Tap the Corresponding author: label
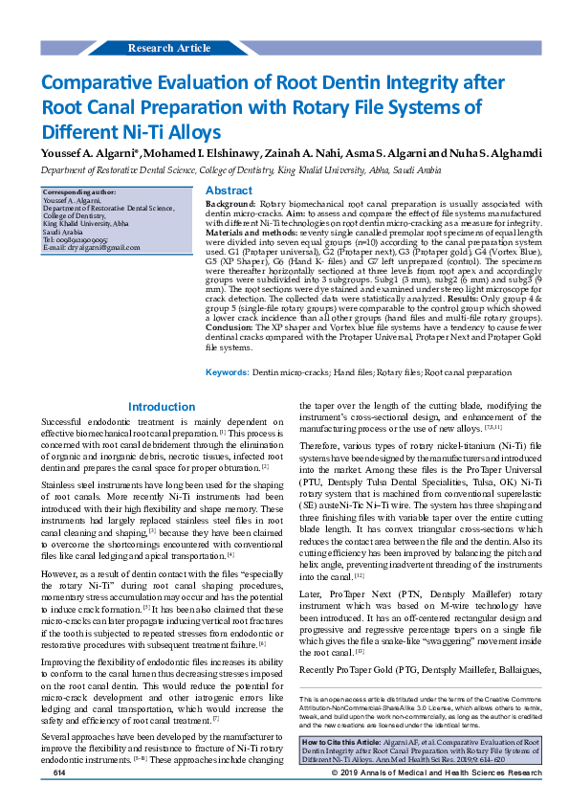click(x=77, y=192)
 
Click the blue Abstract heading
click(x=230, y=191)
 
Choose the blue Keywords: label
click(x=228, y=371)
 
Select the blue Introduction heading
click(x=162, y=407)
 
